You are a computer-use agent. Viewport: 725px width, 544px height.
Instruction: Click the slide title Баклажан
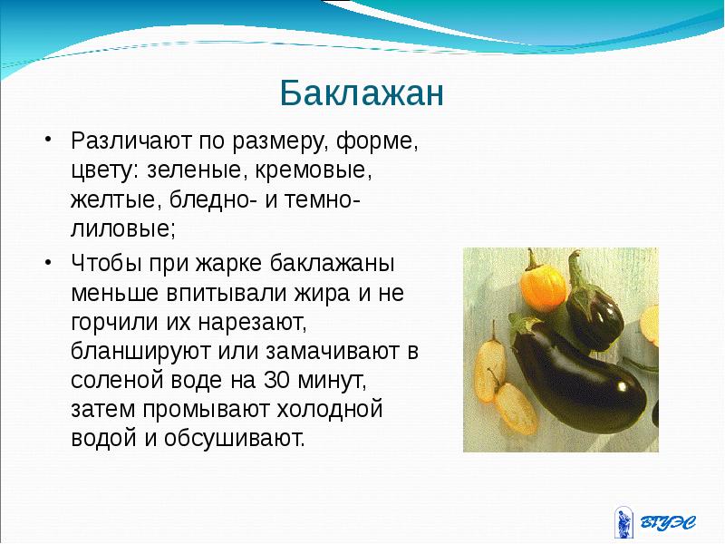(361, 93)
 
